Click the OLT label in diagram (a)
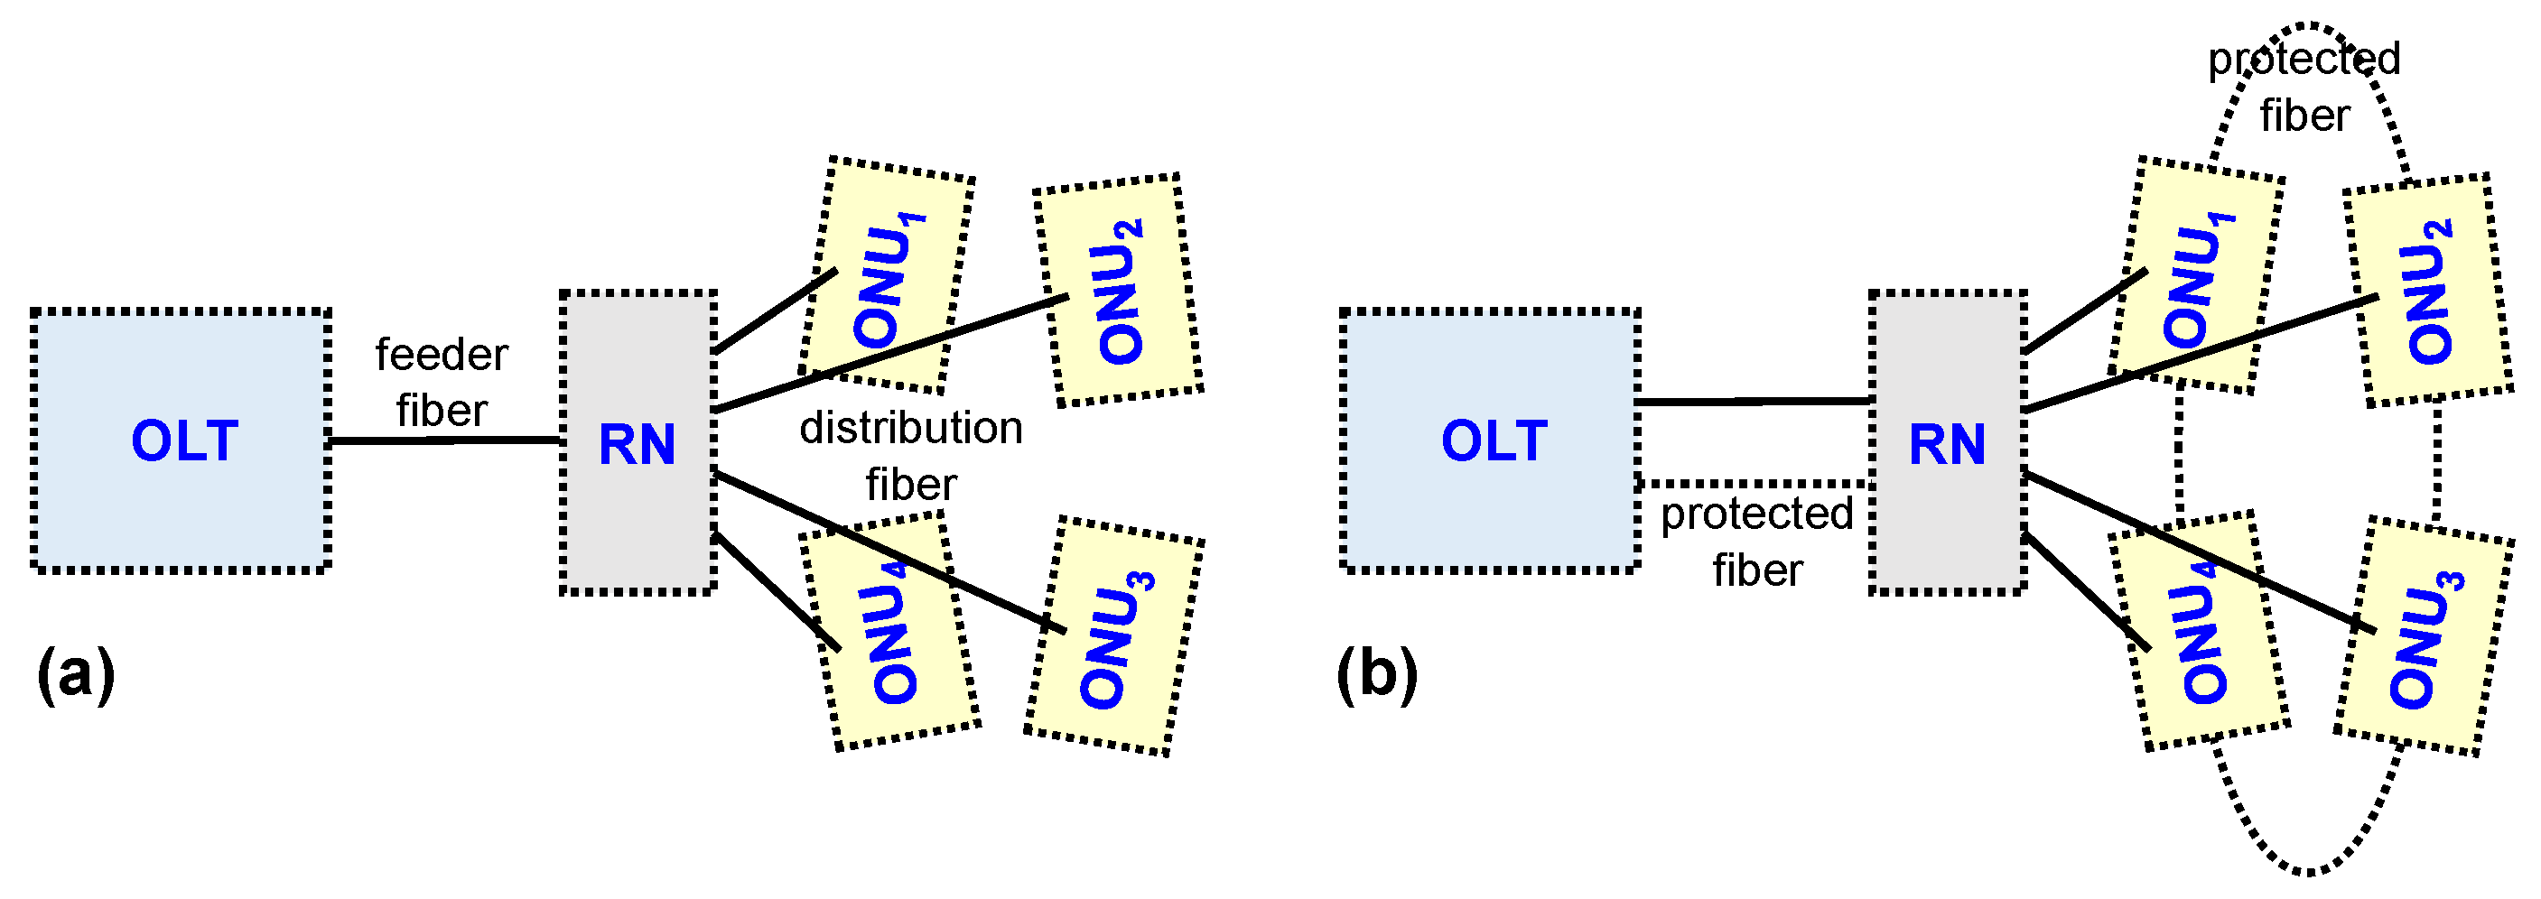pos(184,440)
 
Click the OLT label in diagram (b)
pos(1494,440)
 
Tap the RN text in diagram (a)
pos(638,445)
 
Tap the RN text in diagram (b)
pos(1947,445)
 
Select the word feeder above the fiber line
pos(441,355)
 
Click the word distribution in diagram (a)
pos(910,428)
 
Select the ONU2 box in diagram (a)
pos(1118,290)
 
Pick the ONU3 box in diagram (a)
pos(1114,635)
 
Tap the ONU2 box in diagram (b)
pos(2427,290)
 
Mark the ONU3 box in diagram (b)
pos(2425,635)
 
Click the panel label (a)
pos(75,675)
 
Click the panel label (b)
pos(1377,675)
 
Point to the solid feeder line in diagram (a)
pos(444,440)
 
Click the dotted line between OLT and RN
pos(1754,483)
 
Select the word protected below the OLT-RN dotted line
pos(1757,514)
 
